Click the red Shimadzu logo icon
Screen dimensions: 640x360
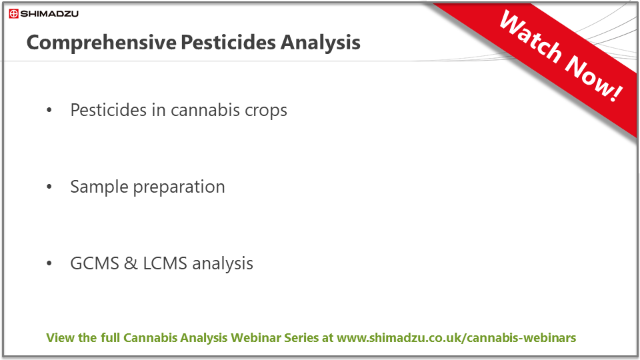click(x=14, y=14)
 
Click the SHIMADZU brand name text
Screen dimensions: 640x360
click(x=49, y=14)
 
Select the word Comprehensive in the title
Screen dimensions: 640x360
click(x=101, y=43)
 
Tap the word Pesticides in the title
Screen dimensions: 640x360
click(x=228, y=42)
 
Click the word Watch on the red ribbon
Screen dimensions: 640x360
click(x=530, y=37)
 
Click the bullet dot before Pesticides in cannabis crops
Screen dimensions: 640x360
click(x=49, y=110)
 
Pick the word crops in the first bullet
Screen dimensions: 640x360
click(x=266, y=111)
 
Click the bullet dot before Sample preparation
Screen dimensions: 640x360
click(x=49, y=187)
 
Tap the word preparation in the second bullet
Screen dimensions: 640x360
click(x=179, y=187)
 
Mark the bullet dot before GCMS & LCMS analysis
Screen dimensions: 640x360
click(x=49, y=263)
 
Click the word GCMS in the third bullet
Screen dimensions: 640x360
click(x=95, y=263)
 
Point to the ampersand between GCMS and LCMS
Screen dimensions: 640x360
click(x=131, y=263)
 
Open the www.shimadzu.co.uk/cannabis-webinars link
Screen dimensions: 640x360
click(x=456, y=338)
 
